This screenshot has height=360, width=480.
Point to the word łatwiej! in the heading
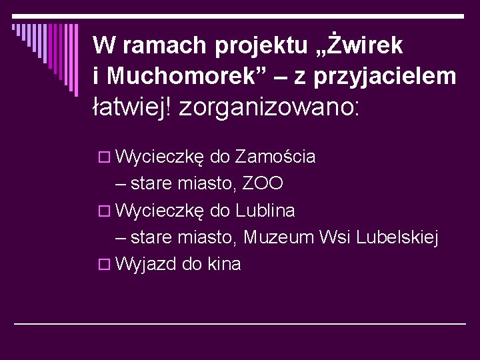pos(134,106)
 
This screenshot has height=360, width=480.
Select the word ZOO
pos(263,184)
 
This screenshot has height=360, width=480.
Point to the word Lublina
pos(265,211)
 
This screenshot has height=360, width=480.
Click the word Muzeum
pos(280,237)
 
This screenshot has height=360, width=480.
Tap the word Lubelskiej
pos(398,237)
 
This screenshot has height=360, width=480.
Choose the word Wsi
pos(336,237)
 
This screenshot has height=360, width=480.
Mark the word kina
pos(225,264)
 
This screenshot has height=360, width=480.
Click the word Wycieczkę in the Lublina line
pos(159,211)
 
